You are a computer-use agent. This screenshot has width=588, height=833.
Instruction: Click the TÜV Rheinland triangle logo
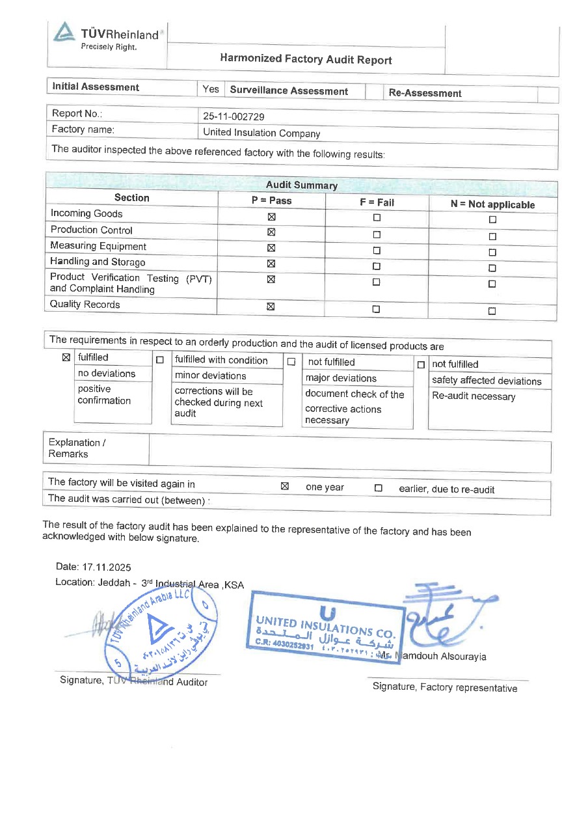(x=64, y=33)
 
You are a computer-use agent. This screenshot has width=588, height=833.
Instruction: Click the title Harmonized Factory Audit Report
(x=306, y=59)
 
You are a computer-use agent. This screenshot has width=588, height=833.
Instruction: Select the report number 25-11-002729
(x=234, y=116)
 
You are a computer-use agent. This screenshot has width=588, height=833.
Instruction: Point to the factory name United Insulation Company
(x=261, y=133)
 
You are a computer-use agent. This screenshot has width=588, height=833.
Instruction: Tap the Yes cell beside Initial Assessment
(x=211, y=89)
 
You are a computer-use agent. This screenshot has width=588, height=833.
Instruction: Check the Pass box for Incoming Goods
(x=271, y=217)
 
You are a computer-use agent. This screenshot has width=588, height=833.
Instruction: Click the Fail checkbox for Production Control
(x=377, y=234)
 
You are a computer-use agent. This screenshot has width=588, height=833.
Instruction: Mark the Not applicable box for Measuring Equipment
(x=492, y=253)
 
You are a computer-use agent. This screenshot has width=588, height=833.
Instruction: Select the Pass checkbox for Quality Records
(x=271, y=307)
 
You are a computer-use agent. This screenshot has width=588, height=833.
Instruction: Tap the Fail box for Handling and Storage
(x=377, y=266)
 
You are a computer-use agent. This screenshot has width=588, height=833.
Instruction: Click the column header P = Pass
(x=271, y=200)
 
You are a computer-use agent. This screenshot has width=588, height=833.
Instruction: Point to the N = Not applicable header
(x=492, y=204)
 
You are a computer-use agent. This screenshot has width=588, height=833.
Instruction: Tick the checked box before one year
(x=284, y=486)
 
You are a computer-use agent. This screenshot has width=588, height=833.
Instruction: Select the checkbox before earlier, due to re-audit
(x=378, y=488)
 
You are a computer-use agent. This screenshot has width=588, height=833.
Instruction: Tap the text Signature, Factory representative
(x=445, y=688)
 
